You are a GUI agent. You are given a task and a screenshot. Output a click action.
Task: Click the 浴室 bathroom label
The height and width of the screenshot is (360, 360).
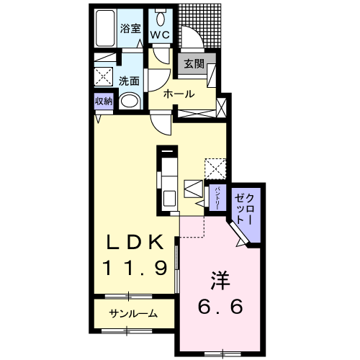130,30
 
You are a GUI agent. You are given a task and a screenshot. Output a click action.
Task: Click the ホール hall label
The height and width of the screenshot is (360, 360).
177,94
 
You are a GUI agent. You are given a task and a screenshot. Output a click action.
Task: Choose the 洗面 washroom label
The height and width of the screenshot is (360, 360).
130,81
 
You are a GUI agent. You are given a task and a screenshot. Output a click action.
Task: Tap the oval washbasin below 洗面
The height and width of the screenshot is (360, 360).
130,102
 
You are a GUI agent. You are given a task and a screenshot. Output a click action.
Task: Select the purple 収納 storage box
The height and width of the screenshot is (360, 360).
104,102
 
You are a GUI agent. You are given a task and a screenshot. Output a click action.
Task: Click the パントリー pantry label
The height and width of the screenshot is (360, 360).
215,196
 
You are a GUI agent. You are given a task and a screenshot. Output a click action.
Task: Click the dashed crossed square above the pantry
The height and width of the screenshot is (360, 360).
215,168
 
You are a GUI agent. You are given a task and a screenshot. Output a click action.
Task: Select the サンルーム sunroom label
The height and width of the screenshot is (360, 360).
133,313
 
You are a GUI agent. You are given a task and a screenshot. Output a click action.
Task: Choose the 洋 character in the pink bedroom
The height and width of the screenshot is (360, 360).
220,277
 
